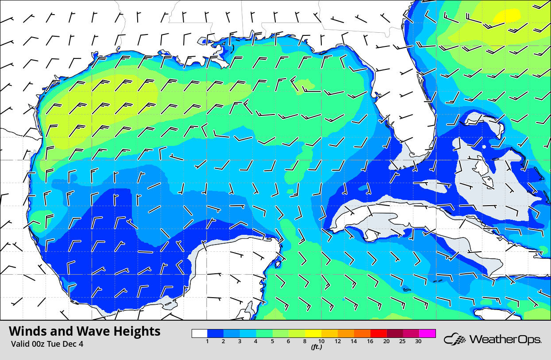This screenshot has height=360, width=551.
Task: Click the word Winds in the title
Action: coord(27,331)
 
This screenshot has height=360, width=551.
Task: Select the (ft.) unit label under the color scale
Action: coord(316,347)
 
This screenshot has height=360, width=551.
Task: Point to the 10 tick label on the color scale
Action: coord(321,341)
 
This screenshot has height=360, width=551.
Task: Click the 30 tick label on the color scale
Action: coord(418,341)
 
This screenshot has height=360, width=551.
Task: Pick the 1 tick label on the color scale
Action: coord(208,341)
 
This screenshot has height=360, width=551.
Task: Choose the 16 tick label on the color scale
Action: coord(370,341)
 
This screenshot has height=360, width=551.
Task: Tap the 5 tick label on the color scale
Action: coord(272,341)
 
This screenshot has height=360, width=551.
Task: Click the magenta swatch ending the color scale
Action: coord(428,333)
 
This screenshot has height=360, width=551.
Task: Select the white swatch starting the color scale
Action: coord(200,333)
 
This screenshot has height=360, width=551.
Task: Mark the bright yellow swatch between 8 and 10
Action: coord(313,333)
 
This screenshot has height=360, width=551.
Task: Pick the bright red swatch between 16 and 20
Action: coord(378,333)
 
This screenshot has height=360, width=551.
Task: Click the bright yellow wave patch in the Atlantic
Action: coord(507,16)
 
